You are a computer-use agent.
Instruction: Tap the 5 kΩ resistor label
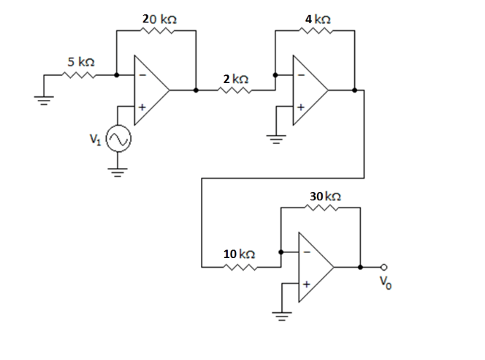(82, 62)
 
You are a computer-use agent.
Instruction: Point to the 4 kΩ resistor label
(317, 19)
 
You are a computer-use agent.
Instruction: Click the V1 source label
(95, 139)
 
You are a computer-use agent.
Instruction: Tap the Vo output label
(384, 285)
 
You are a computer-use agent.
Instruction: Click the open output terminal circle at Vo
(384, 267)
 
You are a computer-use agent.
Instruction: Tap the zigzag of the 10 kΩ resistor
(239, 267)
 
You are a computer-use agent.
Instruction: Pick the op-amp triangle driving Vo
(314, 267)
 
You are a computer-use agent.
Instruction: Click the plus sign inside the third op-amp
(306, 284)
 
